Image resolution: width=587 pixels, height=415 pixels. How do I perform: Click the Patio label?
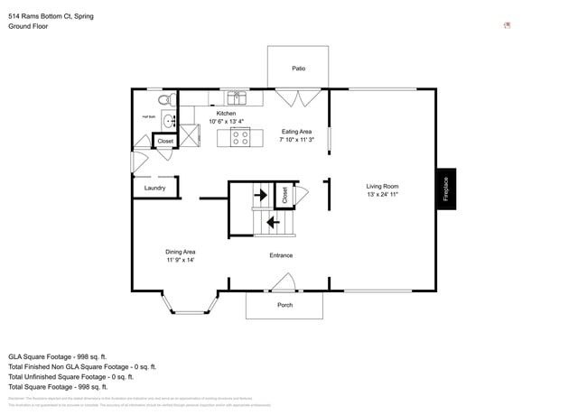coord(298,69)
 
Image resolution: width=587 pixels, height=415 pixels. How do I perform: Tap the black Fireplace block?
coord(446,189)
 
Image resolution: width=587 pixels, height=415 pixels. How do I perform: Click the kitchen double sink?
coord(236,97)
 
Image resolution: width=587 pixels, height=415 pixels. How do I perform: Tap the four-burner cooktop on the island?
coord(240,137)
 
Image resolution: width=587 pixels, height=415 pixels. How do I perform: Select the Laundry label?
coord(154,188)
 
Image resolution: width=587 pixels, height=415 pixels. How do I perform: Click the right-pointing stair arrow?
coord(260,194)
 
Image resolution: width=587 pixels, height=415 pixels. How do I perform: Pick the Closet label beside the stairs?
coord(284,194)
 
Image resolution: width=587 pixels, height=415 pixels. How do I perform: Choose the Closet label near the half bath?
coord(165,142)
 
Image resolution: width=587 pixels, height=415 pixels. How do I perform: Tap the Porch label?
coord(284,305)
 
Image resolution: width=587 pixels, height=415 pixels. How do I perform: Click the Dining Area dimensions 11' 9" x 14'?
coord(180,260)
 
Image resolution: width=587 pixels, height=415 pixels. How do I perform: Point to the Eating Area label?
coord(296,132)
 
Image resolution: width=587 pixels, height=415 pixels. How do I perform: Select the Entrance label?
coord(281,255)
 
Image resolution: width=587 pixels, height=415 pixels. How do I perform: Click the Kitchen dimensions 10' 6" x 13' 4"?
coord(226,121)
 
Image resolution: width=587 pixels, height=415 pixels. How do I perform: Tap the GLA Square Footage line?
coord(58,356)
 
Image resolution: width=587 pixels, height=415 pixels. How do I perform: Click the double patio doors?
coord(297,96)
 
